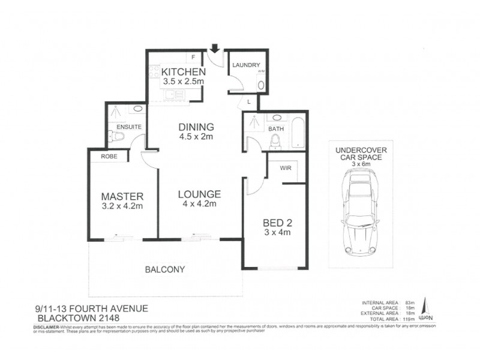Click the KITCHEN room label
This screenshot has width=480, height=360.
(184, 72)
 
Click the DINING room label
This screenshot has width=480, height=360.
(196, 127)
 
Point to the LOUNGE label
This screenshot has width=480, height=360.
(199, 194)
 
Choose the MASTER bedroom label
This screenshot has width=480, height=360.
(122, 196)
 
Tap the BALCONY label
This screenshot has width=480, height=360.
(165, 269)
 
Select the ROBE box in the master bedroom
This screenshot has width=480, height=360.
(109, 156)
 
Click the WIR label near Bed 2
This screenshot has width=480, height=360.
(286, 169)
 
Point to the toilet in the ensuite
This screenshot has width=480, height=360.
(118, 137)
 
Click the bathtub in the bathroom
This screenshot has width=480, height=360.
(298, 133)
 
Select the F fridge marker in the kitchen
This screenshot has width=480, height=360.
(193, 58)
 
